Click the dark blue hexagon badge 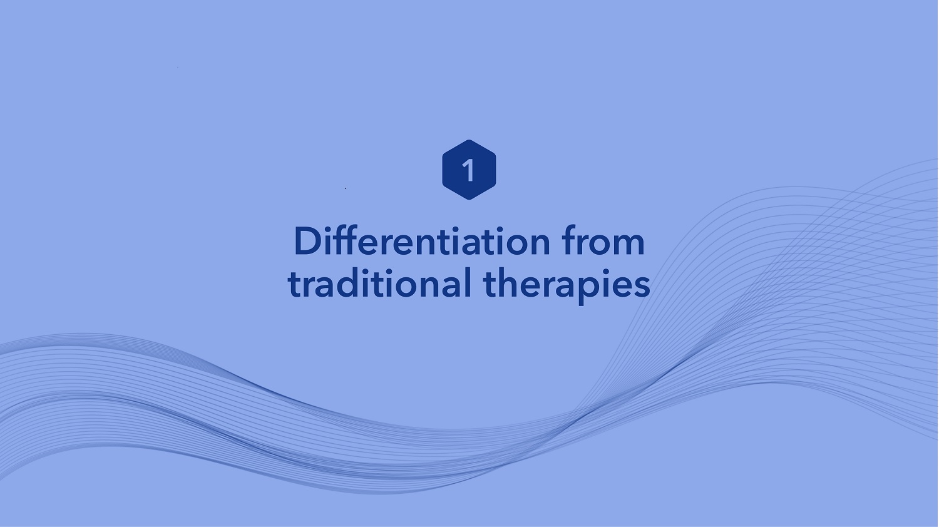pos(469,170)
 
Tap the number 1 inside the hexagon pos(468,170)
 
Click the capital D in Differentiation pos(308,241)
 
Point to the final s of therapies pos(642,288)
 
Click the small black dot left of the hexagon pos(346,188)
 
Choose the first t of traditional pos(295,285)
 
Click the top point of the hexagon pos(469,140)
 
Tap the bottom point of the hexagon pos(469,200)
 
